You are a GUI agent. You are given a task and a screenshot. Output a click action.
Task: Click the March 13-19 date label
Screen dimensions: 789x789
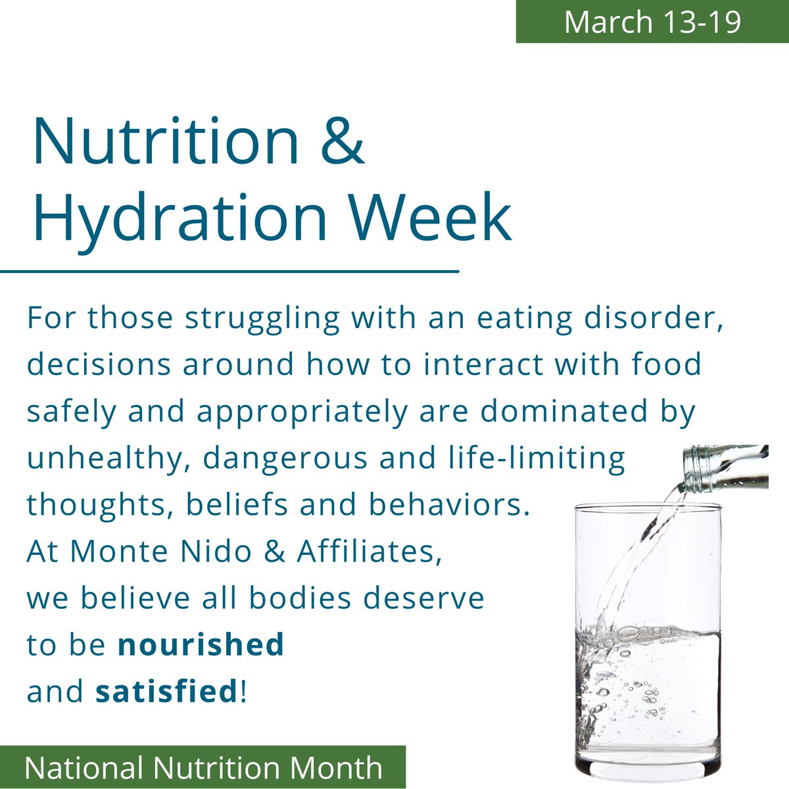click(x=652, y=21)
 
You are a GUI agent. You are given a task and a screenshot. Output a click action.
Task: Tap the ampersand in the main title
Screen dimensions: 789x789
click(x=343, y=141)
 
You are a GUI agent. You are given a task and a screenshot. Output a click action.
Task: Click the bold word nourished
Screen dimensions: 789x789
click(x=201, y=644)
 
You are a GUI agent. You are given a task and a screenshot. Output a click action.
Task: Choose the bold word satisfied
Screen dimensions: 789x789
click(x=166, y=691)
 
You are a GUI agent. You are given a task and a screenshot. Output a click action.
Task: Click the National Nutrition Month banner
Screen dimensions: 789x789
click(x=203, y=767)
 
